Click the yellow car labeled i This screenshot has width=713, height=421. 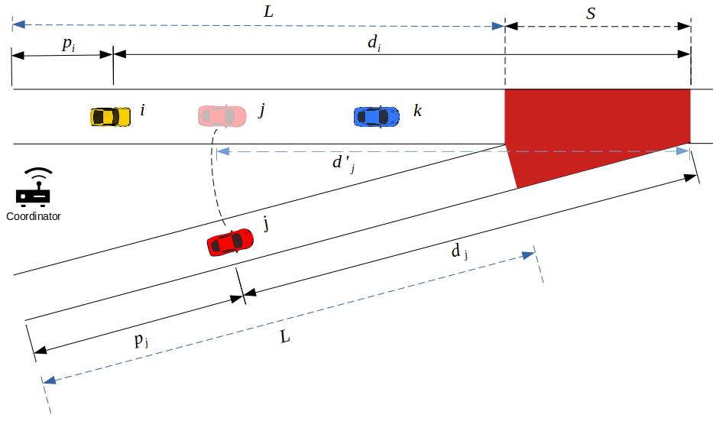pyautogui.click(x=110, y=116)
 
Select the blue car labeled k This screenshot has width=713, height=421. pyautogui.click(x=376, y=116)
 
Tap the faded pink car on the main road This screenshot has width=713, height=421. pyautogui.click(x=222, y=115)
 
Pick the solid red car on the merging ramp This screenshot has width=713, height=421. pyautogui.click(x=229, y=242)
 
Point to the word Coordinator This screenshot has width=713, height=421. pyautogui.click(x=34, y=216)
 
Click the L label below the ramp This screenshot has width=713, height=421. pyautogui.click(x=285, y=336)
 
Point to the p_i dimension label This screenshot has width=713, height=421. pyautogui.click(x=68, y=44)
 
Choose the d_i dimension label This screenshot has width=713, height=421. pyautogui.click(x=374, y=44)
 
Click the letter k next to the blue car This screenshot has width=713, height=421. pyautogui.click(x=417, y=112)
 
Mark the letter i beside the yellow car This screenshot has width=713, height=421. pyautogui.click(x=142, y=111)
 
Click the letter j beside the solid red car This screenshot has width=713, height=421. pyautogui.click(x=266, y=225)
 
